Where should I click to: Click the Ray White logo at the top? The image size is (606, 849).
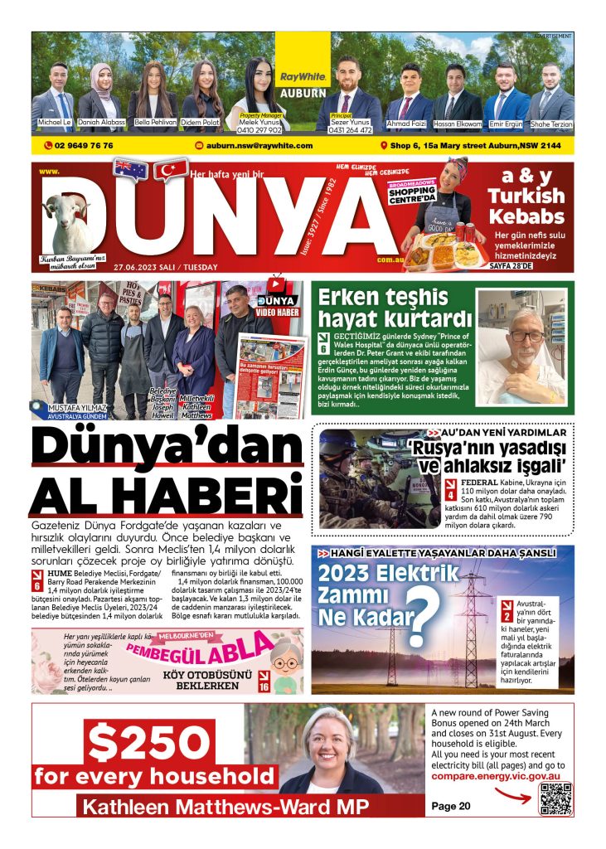[x=303, y=76]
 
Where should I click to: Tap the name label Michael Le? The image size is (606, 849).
[x=56, y=122]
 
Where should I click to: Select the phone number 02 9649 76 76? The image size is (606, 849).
[x=80, y=145]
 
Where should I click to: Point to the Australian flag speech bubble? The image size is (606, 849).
[x=131, y=169]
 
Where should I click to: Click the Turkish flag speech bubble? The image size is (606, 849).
[x=171, y=169]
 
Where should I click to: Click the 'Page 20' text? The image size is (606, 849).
[x=451, y=806]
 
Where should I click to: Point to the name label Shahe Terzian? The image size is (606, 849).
[x=551, y=124]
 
